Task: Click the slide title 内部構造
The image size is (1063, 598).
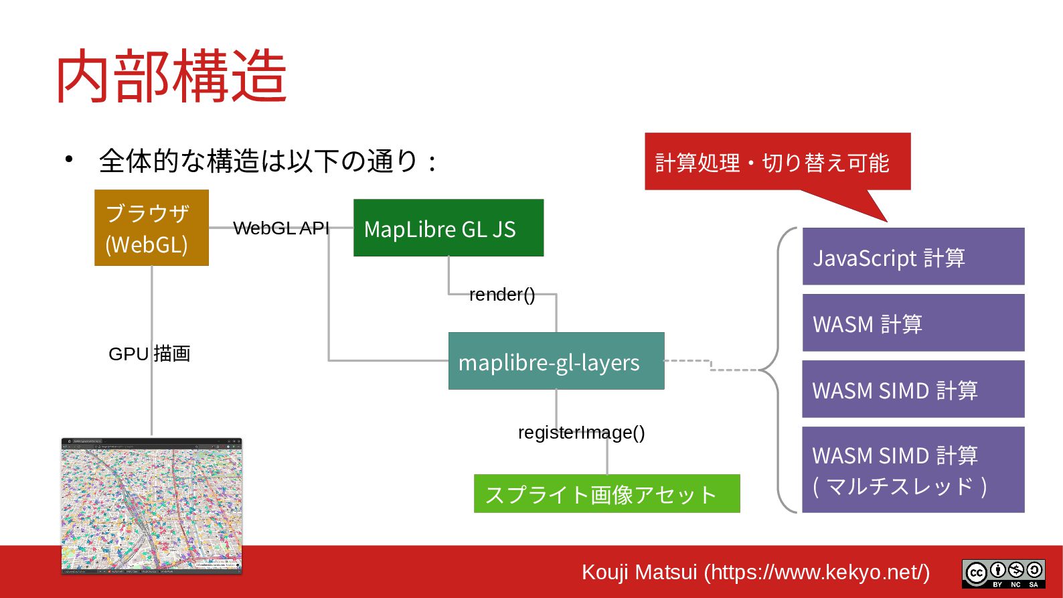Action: (171, 76)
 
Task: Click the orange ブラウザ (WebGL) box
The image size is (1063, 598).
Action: (151, 228)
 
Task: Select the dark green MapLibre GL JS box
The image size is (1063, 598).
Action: (448, 228)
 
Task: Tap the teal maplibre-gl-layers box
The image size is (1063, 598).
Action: (556, 361)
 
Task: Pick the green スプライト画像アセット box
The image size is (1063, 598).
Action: (606, 494)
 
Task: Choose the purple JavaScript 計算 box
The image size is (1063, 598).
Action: (913, 256)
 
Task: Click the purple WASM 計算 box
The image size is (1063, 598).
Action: (913, 323)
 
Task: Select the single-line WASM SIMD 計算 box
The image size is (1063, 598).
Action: (913, 389)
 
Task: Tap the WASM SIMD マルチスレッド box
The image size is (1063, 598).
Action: (913, 469)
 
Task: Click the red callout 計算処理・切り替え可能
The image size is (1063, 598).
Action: (776, 161)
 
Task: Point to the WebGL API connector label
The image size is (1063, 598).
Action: (281, 228)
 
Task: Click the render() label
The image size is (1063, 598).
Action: (502, 295)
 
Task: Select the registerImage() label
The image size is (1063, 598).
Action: (581, 433)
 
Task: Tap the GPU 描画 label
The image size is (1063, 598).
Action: (149, 354)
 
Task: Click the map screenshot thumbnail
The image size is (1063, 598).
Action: (151, 506)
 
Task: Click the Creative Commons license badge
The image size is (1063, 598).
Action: (1003, 574)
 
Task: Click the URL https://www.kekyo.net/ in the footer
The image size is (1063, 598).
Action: (820, 573)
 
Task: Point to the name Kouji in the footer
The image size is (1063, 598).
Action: (605, 573)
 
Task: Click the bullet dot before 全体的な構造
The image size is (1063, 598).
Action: (68, 159)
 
